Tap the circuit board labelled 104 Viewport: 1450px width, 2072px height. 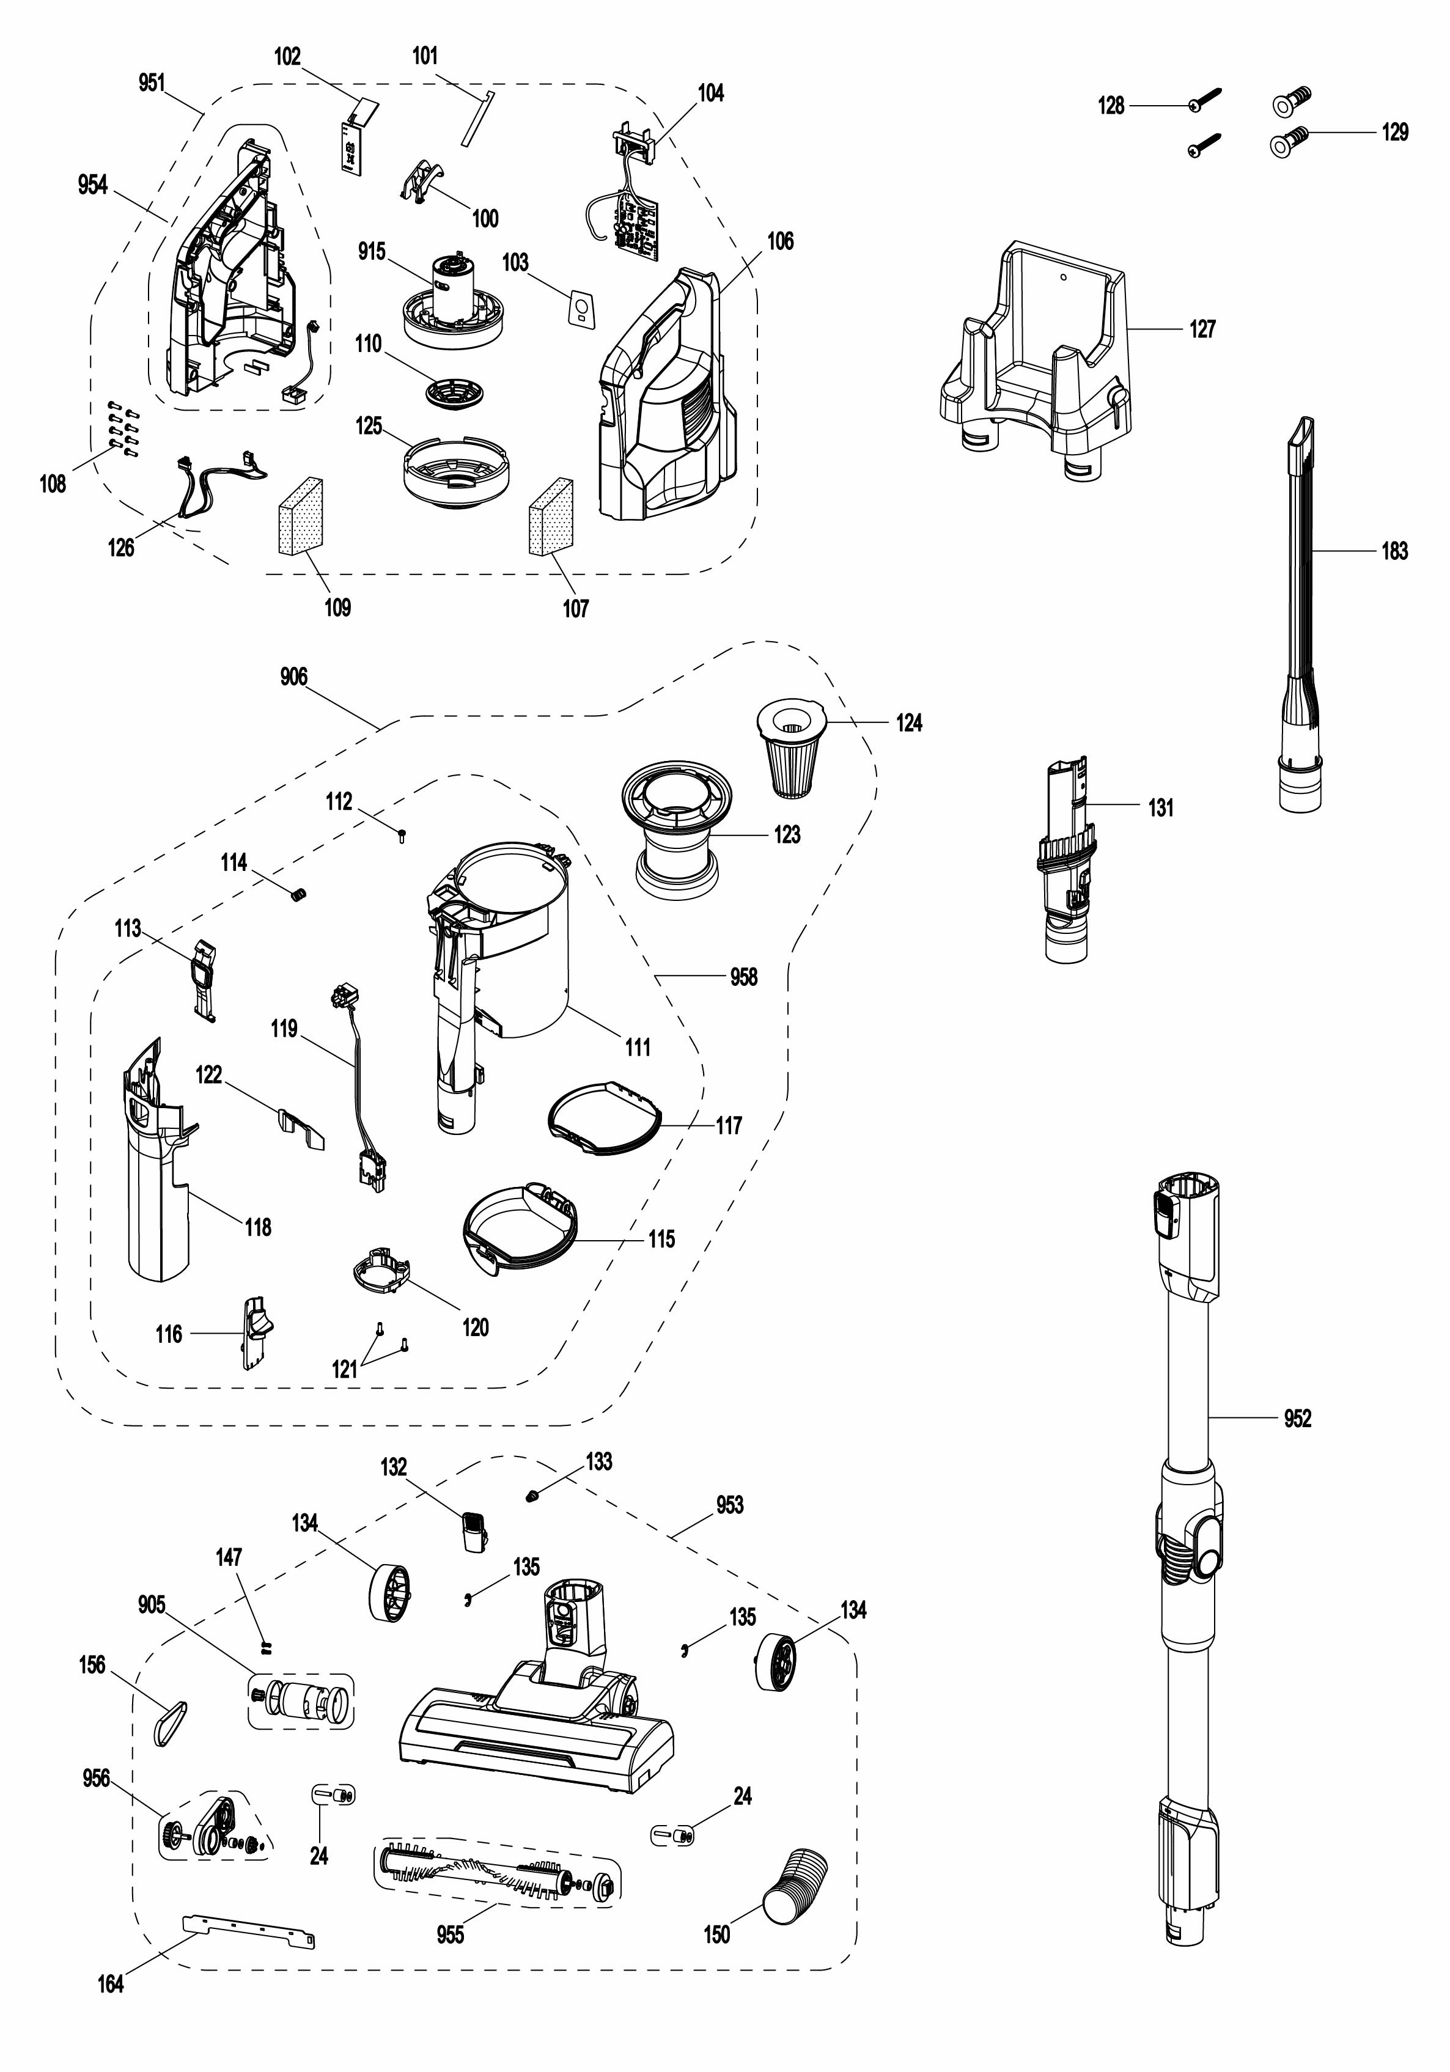(637, 216)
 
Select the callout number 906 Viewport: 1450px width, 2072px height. (293, 677)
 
